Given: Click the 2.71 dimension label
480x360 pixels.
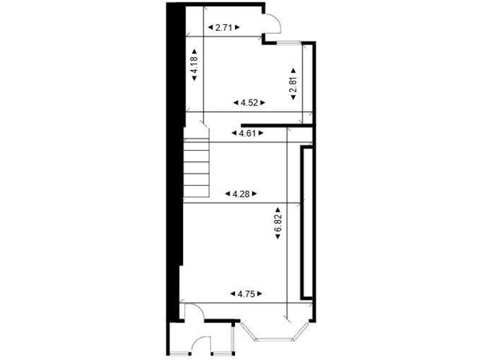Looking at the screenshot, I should pos(223,27).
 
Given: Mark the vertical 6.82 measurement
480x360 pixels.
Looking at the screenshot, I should pos(278,225).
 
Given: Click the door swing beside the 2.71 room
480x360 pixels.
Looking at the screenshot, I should pos(272,24).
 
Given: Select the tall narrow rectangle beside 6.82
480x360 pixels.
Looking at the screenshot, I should pos(306,222).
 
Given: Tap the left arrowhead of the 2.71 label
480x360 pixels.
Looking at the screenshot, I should pos(209,27).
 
